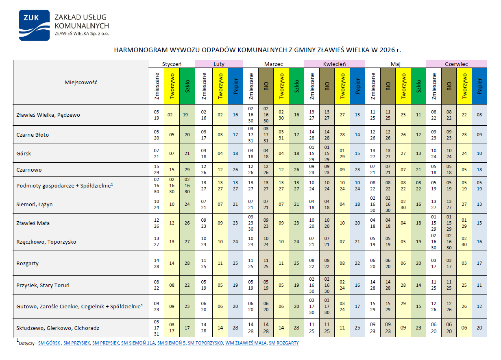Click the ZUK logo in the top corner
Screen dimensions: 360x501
coord(34,25)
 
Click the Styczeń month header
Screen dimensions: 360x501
coord(172,64)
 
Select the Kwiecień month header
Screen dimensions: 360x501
coord(334,64)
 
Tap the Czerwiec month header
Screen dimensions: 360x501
coord(456,64)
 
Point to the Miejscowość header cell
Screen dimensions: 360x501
coord(81,82)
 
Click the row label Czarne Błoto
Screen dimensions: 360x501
coord(33,135)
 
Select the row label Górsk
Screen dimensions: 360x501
coord(24,153)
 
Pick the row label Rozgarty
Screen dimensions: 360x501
coord(28,263)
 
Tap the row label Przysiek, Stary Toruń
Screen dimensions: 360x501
coord(43,285)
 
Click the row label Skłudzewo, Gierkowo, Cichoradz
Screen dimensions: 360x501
coord(58,328)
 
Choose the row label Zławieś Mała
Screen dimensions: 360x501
coord(33,223)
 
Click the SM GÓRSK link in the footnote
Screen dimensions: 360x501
coord(49,343)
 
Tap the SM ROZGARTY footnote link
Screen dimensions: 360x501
coord(284,343)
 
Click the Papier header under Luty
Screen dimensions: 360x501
coord(235,86)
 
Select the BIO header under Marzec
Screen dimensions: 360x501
coord(266,86)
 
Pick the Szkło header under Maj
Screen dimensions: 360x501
coord(418,86)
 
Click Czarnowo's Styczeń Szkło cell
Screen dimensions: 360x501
coord(187,170)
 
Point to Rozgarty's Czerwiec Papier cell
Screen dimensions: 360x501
coord(479,263)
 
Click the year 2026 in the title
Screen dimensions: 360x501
coord(387,50)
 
